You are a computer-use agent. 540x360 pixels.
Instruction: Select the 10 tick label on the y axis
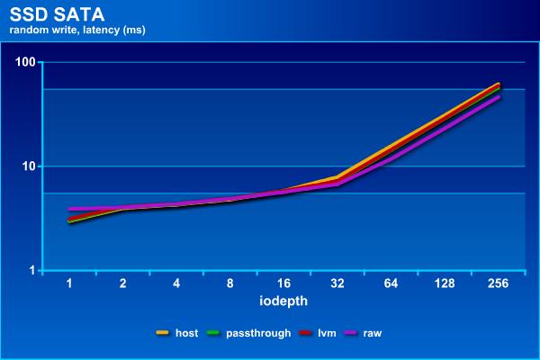(x=26, y=166)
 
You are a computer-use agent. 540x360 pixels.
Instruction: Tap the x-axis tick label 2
(x=123, y=283)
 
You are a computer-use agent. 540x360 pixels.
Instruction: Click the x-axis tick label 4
(x=176, y=283)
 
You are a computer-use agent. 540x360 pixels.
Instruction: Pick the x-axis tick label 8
(x=230, y=283)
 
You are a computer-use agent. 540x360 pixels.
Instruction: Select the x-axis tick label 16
(x=283, y=283)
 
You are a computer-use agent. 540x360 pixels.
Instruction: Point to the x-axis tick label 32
(x=337, y=283)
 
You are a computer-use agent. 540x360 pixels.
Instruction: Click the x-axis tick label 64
(x=391, y=283)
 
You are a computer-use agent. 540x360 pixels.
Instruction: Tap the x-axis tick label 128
(x=445, y=283)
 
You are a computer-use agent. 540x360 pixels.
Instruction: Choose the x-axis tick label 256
(x=498, y=283)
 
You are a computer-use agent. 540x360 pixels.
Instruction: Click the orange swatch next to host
(x=163, y=333)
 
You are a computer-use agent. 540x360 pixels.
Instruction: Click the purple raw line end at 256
(x=498, y=97)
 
